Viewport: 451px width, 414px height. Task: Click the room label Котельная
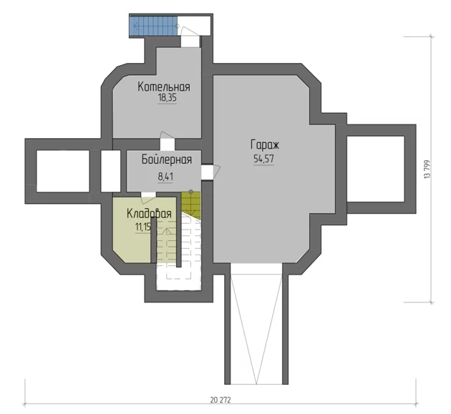pos(164,87)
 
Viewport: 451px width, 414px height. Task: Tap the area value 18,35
pos(167,98)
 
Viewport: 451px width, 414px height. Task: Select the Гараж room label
pos(265,145)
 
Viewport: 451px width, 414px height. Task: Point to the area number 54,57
pos(263,159)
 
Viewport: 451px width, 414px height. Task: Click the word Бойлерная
pos(167,159)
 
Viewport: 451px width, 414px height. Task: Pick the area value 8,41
pos(165,177)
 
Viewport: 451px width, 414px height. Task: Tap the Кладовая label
pos(149,214)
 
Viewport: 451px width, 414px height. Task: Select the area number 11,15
pos(143,227)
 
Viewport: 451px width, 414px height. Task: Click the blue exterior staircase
pos(153,26)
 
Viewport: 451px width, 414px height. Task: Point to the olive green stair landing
pos(190,203)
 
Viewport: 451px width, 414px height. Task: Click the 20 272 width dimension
pos(220,400)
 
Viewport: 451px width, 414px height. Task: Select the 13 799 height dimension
pos(427,169)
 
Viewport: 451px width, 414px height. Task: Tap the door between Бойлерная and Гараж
pos(210,172)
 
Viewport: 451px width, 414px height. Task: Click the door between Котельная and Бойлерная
pos(167,142)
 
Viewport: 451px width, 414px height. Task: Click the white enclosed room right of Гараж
pos(376,169)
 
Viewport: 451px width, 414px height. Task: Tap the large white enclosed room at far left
pos(63,171)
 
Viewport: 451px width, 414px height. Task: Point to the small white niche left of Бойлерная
pos(110,171)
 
